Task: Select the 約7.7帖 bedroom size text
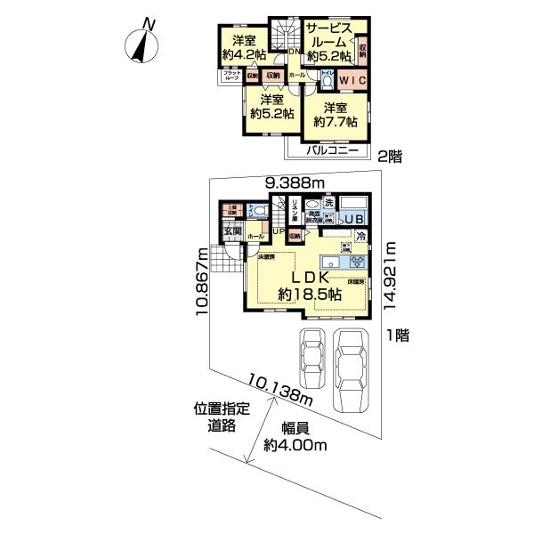pyautogui.click(x=334, y=123)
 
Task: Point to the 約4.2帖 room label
pyautogui.click(x=243, y=55)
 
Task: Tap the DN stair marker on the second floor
pyautogui.click(x=295, y=51)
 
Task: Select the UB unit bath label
pyautogui.click(x=353, y=219)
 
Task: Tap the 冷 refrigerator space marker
pyautogui.click(x=361, y=237)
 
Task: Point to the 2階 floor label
pyautogui.click(x=390, y=157)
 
